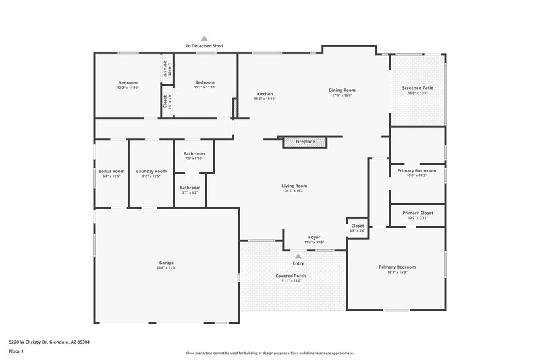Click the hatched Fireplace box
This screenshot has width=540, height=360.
tap(304, 142)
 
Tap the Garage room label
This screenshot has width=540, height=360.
tap(167, 263)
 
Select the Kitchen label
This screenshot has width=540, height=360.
tap(265, 93)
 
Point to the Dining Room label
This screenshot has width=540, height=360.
tap(342, 90)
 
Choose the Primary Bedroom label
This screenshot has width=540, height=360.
tap(397, 267)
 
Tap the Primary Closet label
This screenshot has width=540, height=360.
tap(418, 213)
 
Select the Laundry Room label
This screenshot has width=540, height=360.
tap(151, 171)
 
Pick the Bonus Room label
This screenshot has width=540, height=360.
tap(111, 171)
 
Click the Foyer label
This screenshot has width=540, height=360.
tap(315, 237)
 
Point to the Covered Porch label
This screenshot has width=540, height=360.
tap(291, 276)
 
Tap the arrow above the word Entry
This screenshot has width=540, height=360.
tap(298, 256)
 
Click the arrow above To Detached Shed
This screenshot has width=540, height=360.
tap(204, 38)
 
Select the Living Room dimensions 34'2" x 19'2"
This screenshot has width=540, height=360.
tap(295, 191)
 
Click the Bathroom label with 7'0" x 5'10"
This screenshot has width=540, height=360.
tap(194, 159)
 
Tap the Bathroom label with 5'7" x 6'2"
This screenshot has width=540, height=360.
tap(190, 192)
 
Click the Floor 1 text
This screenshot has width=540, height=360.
tap(16, 351)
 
